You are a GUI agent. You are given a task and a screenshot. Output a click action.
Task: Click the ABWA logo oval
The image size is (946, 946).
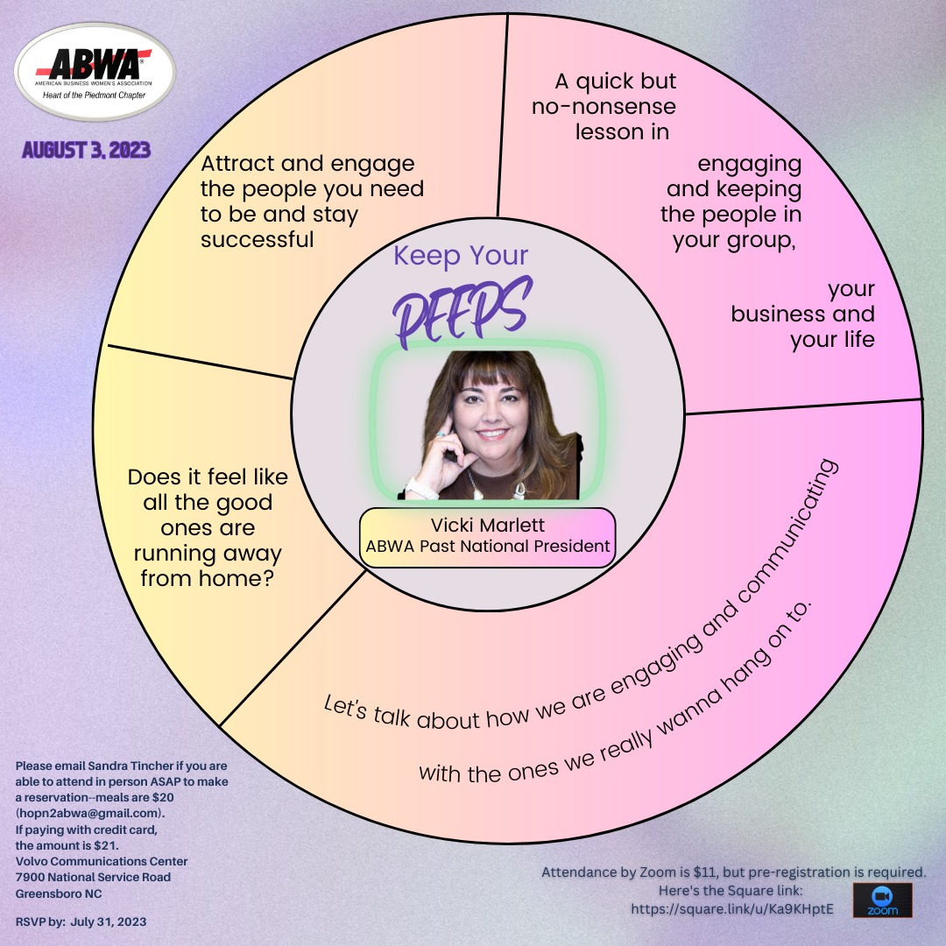click(x=95, y=72)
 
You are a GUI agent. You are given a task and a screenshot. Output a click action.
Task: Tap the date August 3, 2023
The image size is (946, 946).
click(x=86, y=150)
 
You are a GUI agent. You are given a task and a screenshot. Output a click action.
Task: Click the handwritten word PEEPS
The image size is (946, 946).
click(x=462, y=311)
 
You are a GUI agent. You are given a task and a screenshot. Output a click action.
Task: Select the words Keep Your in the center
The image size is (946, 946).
click(x=461, y=256)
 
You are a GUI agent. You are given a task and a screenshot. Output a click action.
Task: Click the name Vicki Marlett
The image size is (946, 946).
click(x=488, y=525)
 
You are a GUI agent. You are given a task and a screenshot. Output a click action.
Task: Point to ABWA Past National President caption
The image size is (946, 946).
click(x=488, y=546)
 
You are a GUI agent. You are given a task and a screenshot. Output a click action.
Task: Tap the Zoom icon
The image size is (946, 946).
click(x=882, y=900)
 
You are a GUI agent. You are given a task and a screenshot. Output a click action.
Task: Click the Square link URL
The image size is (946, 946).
click(x=732, y=908)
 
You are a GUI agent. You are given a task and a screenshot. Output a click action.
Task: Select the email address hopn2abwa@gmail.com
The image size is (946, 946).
click(x=90, y=813)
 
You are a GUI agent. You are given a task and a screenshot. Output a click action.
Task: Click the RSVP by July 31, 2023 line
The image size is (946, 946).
click(x=81, y=921)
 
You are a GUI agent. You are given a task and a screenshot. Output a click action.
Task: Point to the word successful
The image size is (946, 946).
click(x=257, y=239)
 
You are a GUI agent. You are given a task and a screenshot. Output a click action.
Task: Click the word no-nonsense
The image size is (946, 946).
click(x=604, y=106)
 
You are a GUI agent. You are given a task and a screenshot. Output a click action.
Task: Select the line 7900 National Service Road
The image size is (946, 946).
click(x=93, y=877)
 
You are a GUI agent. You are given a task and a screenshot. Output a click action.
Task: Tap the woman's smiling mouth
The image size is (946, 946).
click(x=493, y=434)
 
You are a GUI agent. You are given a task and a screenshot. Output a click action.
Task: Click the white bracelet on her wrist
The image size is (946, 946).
click(x=421, y=488)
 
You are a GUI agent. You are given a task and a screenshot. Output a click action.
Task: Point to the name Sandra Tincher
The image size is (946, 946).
click(x=131, y=766)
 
